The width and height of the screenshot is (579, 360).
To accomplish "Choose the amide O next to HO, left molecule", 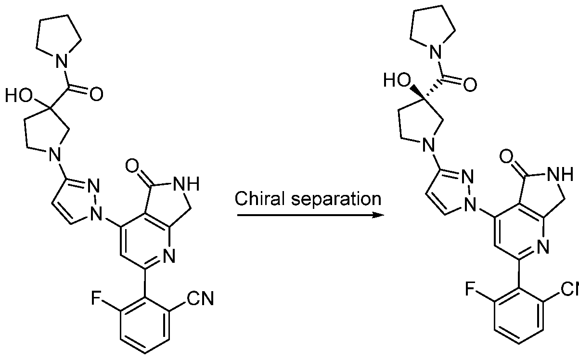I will [96, 93].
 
